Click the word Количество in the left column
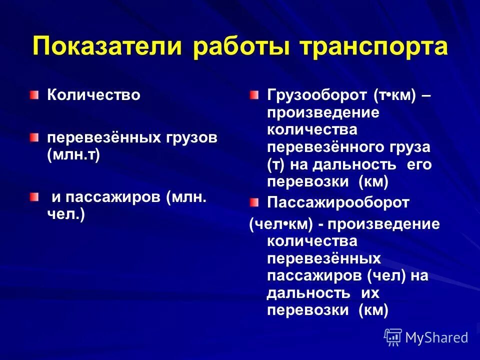point(93,95)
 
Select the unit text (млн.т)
point(73,154)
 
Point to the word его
point(419,165)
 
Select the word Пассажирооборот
point(338,202)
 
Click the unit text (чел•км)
point(281,223)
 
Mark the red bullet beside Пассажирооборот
point(255,202)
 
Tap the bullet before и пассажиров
point(33,197)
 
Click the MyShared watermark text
point(436,337)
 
